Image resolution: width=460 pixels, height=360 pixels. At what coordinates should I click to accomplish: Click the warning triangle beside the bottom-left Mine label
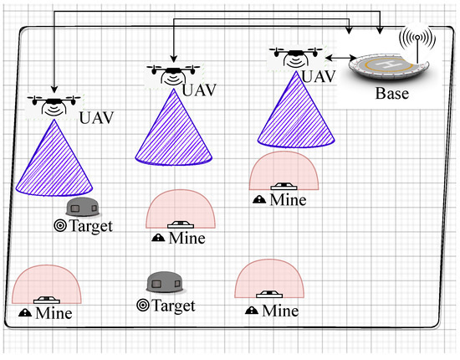25,313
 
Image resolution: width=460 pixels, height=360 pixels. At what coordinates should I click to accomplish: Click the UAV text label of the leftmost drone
94,116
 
